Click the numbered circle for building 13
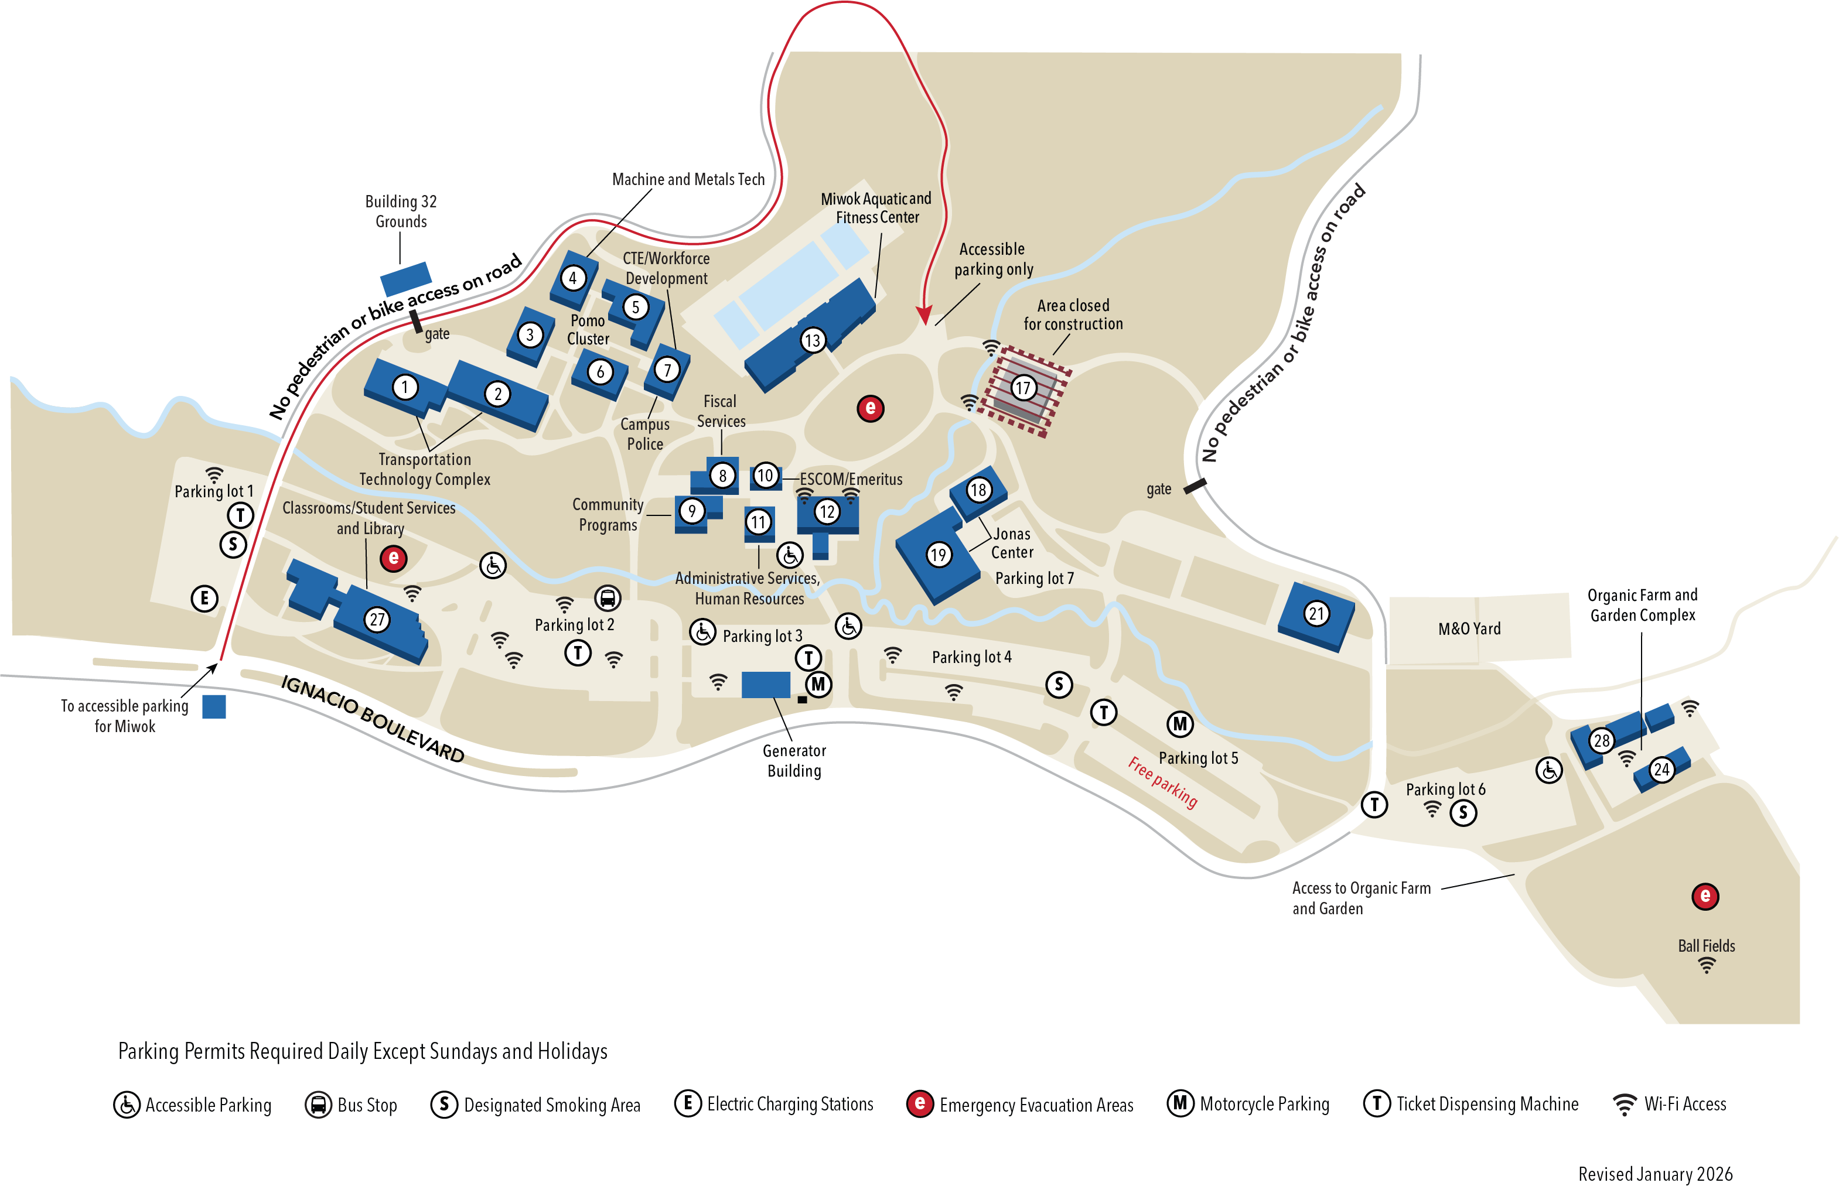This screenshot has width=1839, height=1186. (x=812, y=340)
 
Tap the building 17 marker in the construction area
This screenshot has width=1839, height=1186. (x=1022, y=387)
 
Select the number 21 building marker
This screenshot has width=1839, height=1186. (x=1316, y=614)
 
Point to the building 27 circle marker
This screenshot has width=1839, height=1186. (x=377, y=619)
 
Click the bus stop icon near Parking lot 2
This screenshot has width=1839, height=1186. (x=607, y=597)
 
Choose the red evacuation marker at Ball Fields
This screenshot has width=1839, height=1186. (x=1705, y=896)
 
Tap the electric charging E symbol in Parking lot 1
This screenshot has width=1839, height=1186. (x=204, y=599)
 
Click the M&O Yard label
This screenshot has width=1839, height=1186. (x=1469, y=628)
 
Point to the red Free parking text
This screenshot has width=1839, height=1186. (x=1162, y=782)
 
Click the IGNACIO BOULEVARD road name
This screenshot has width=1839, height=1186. (x=373, y=719)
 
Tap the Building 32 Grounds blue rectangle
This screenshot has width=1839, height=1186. (x=406, y=278)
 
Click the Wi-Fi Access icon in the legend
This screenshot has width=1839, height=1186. (x=1624, y=1105)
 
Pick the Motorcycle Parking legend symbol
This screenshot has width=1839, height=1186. (x=1179, y=1103)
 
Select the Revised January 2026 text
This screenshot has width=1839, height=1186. (x=1655, y=1174)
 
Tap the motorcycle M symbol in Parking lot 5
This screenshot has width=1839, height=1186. (x=1179, y=723)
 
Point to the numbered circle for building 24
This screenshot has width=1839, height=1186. (x=1662, y=770)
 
